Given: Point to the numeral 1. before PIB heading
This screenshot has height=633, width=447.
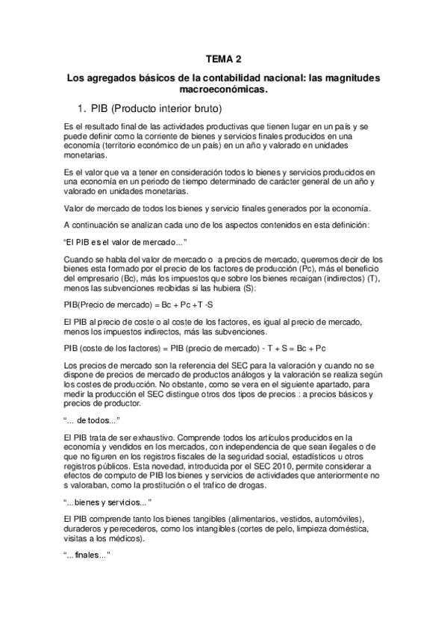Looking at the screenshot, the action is click(x=83, y=107).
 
